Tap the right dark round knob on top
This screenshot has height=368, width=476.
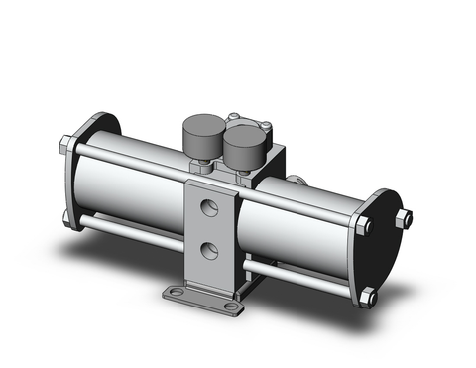tap(243, 144)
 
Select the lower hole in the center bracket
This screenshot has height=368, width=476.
tap(209, 248)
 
